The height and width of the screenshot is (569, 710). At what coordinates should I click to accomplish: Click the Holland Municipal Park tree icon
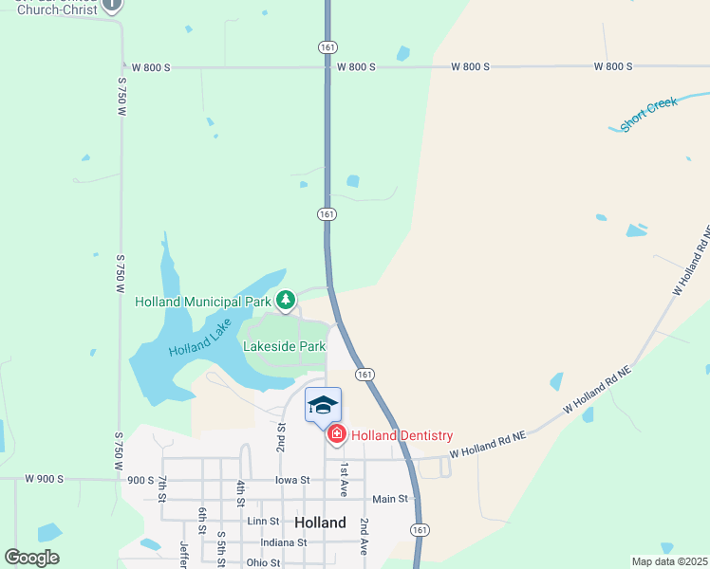(x=286, y=301)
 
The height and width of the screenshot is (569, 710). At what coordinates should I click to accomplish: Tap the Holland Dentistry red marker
(x=336, y=434)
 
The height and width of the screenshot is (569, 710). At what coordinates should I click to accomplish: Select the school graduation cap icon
(x=323, y=405)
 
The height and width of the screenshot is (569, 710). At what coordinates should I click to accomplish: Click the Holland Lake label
(x=200, y=337)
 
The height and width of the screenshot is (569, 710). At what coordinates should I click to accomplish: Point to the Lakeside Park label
(x=285, y=346)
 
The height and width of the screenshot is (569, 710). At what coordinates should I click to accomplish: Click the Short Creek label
(x=648, y=114)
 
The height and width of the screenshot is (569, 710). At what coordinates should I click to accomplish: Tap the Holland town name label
(x=320, y=523)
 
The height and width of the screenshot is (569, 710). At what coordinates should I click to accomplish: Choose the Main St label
(x=389, y=499)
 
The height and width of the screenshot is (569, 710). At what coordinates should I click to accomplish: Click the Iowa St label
(x=292, y=481)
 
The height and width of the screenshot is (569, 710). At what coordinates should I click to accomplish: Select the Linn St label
(x=263, y=521)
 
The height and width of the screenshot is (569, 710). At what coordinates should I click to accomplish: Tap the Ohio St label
(x=263, y=562)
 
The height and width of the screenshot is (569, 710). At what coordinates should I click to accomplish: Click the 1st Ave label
(x=344, y=480)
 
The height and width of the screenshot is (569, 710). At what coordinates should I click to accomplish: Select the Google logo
(x=31, y=558)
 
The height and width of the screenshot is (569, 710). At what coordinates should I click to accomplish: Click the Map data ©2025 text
(x=669, y=561)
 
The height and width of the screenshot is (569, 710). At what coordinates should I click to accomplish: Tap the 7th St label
(x=163, y=489)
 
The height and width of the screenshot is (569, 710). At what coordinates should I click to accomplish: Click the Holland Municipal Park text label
(x=202, y=302)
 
